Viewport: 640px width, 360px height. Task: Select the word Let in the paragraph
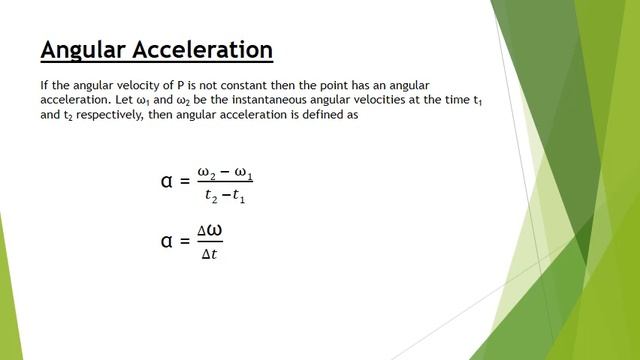[x=133, y=99]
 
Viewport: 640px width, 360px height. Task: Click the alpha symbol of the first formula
[x=167, y=181]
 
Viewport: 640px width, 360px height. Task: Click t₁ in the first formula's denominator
[x=239, y=195]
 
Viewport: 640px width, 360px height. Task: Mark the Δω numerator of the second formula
[x=209, y=231]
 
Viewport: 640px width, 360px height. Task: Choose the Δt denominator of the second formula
[x=209, y=254]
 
